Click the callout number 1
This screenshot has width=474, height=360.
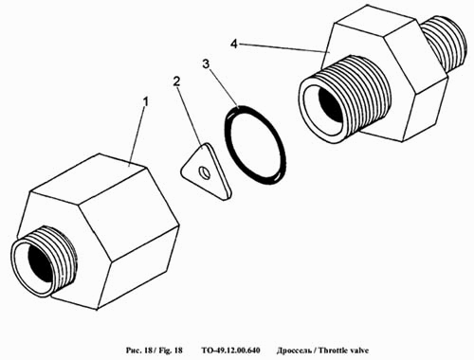pyautogui.click(x=145, y=102)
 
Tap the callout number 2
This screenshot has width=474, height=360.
pyautogui.click(x=176, y=81)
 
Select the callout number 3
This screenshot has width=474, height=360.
pyautogui.click(x=206, y=64)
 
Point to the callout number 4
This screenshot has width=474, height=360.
pyautogui.click(x=233, y=44)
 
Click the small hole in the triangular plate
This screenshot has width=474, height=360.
pyautogui.click(x=204, y=172)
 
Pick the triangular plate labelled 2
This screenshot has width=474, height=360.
pyautogui.click(x=206, y=171)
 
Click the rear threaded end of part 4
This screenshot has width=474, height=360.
pyautogui.click(x=445, y=44)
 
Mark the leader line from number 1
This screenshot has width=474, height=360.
pyautogui.click(x=137, y=136)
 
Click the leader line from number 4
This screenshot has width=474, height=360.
pyautogui.click(x=283, y=48)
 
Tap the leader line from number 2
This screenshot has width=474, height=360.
pyautogui.click(x=190, y=117)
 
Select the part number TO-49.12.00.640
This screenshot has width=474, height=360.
pyautogui.click(x=231, y=351)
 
